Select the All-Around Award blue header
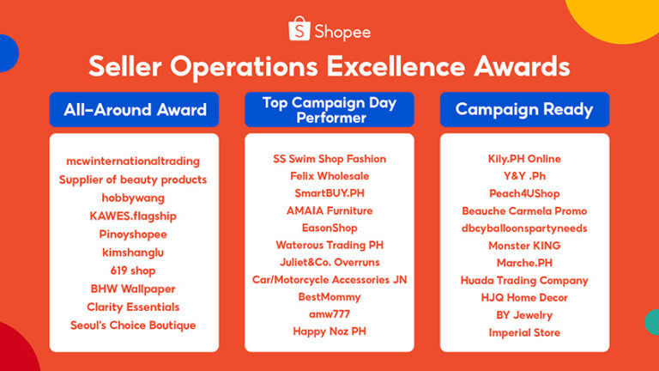(x=135, y=109)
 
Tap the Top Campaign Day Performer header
(x=329, y=109)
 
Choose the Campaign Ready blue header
(x=524, y=109)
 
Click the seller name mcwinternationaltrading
(x=133, y=161)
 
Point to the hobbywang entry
(x=133, y=198)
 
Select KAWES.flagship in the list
(x=133, y=216)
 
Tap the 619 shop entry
(x=133, y=271)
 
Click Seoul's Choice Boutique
(x=133, y=325)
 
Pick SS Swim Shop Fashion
(x=329, y=159)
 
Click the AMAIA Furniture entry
(x=329, y=210)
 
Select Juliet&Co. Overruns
(x=329, y=262)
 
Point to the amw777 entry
(x=329, y=313)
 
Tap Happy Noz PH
(x=329, y=331)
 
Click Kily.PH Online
(x=524, y=159)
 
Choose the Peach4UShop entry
(x=524, y=193)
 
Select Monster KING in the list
(x=524, y=246)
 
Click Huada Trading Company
(x=524, y=280)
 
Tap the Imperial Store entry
(x=524, y=332)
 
